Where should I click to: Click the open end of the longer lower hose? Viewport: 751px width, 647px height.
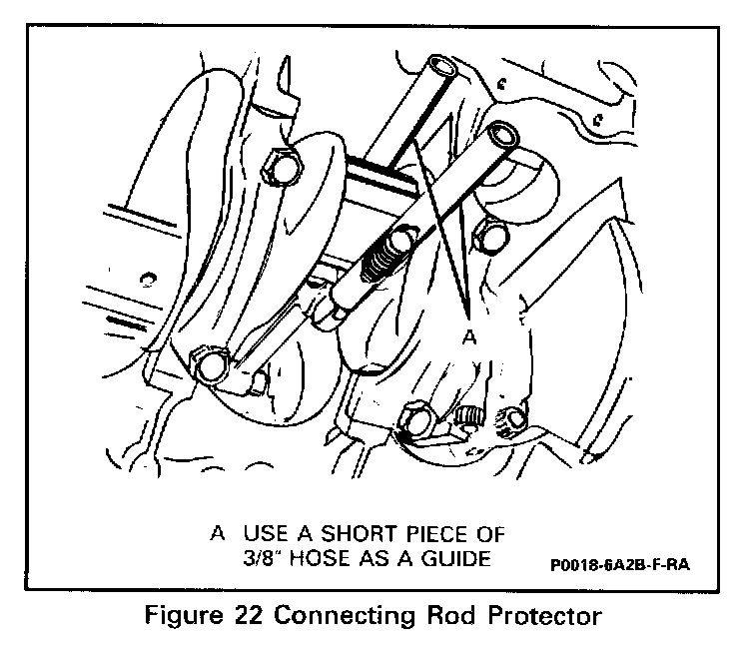click(499, 133)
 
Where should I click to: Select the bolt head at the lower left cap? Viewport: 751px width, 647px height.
click(211, 365)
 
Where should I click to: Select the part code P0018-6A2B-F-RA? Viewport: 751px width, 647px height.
click(619, 565)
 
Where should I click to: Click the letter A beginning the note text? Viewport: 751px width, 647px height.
click(216, 533)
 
